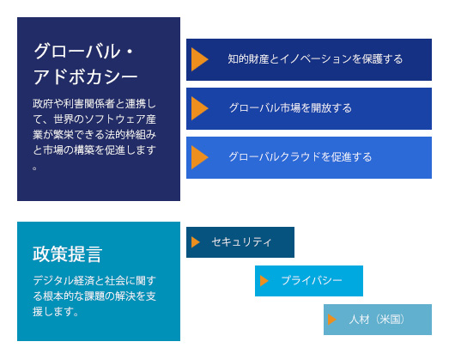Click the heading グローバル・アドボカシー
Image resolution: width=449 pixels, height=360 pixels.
(x=85, y=64)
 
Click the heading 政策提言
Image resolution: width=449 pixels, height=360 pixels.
(x=68, y=254)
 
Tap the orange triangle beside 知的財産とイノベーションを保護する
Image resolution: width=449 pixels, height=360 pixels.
(x=199, y=59)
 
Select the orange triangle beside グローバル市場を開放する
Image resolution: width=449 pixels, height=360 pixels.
(x=199, y=108)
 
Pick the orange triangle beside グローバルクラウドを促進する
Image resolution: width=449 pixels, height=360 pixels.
(x=199, y=157)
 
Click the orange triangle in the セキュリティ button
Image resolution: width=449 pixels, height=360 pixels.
(x=195, y=242)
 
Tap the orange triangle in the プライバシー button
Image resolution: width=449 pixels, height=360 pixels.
(x=264, y=281)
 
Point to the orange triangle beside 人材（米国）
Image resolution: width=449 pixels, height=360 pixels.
(x=332, y=320)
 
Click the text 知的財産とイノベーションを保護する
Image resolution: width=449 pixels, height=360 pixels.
(x=315, y=59)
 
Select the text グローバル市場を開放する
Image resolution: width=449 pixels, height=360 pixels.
(x=290, y=108)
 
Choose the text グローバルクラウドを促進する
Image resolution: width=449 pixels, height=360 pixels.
(x=300, y=157)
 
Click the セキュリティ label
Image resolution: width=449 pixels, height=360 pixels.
(x=241, y=242)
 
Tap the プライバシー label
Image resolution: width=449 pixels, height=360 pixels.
(x=312, y=281)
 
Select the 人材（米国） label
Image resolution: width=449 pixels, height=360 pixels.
(x=377, y=320)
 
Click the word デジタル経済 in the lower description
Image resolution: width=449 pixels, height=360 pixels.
(x=64, y=280)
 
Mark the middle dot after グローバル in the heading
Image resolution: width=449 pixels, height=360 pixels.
(x=130, y=52)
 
